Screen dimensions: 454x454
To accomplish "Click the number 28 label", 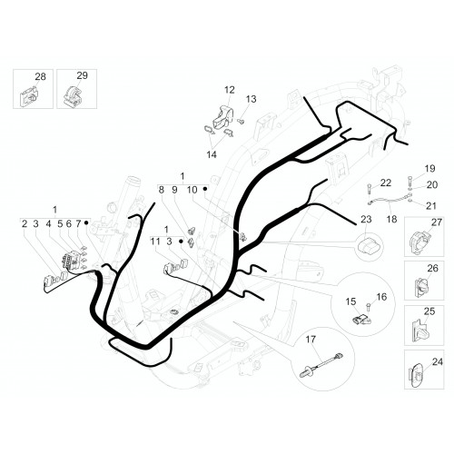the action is pos(40,76).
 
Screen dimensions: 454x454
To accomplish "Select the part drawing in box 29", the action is pos(73,96).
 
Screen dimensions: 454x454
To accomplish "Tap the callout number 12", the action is pos(230,90).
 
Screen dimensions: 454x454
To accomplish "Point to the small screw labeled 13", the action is pos(241,122).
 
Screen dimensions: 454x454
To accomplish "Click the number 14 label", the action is pos(212,154).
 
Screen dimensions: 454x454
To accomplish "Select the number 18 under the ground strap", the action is pos(392,219).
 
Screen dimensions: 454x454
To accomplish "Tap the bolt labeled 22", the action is pos(370,189).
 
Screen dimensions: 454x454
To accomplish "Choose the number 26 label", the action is pos(432,268).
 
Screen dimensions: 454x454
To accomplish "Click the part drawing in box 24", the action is pos(418,375).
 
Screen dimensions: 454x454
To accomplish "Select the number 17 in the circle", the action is pos(311,340).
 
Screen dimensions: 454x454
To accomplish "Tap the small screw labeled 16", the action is pos(369,307).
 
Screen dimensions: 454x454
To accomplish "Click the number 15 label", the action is pos(350,301).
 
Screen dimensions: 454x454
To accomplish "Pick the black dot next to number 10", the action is pos(205,189).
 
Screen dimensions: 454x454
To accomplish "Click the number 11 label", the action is pos(155,242).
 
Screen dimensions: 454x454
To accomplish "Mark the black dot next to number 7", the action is pos(86,222).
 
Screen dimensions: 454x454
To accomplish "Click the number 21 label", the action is pos(431,206).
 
